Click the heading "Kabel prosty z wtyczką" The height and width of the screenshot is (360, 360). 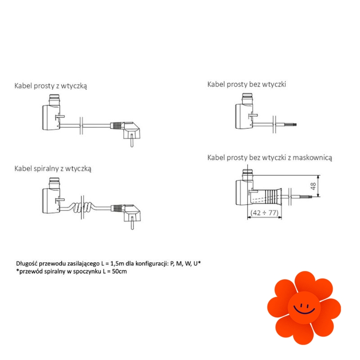[51, 86]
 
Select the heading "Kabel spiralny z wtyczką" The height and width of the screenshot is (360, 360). [53, 168]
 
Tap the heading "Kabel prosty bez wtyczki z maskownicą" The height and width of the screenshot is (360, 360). [270, 158]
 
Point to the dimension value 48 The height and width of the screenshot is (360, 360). [313, 186]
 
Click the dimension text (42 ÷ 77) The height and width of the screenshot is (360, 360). [264, 213]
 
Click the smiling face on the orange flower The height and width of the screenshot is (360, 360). [304, 308]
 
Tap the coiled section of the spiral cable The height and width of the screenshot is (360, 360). [82, 207]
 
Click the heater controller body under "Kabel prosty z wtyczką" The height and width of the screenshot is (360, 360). [51, 117]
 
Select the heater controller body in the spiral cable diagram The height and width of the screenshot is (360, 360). [51, 200]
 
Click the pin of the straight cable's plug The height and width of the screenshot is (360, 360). [132, 140]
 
